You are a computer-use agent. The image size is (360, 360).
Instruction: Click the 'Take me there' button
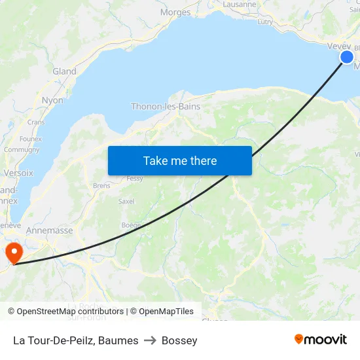[180, 160]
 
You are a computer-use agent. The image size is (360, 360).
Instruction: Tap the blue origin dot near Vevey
[347, 58]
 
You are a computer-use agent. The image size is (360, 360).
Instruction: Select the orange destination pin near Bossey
[13, 253]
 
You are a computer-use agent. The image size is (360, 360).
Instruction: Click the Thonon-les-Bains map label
[166, 106]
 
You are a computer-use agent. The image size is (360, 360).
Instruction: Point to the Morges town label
[175, 12]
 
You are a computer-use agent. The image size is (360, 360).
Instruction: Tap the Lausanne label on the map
[240, 4]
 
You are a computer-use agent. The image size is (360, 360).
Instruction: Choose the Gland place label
[64, 71]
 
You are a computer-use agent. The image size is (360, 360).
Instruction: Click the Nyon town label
[52, 100]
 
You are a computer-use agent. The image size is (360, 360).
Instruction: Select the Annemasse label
[49, 230]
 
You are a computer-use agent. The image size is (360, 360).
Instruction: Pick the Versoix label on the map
[18, 173]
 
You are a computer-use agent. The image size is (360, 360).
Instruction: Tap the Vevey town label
[339, 46]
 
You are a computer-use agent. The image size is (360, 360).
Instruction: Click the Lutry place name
[265, 22]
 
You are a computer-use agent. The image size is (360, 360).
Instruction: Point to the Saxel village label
[126, 201]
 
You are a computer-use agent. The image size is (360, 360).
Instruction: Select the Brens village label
[101, 185]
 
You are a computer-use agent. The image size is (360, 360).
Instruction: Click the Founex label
[31, 139]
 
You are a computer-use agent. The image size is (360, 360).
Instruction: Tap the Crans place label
[36, 122]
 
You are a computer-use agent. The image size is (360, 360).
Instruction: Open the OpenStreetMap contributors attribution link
[69, 312]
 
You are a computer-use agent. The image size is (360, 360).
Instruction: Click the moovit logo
[320, 339]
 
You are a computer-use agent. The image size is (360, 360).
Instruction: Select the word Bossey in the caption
[179, 340]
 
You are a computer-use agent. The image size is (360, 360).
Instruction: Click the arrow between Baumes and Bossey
[150, 340]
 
